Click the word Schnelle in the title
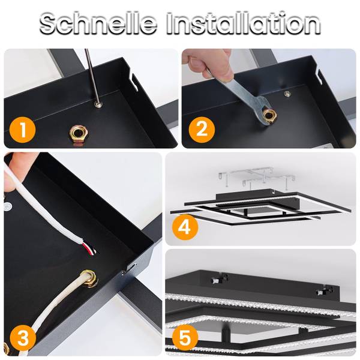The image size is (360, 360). pos(98,23)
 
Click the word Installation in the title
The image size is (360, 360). pos(244,23)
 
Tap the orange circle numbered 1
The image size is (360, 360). pos(23,130)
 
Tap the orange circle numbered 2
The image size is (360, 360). pos(202,130)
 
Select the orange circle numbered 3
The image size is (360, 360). pos(23,338)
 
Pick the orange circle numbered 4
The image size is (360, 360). pos(185,227)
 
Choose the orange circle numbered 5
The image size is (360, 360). pos(185,338)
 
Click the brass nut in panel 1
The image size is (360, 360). pos(79,134)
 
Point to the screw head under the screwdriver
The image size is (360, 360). pos(98,104)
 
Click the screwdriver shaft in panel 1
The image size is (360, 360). pos(92,76)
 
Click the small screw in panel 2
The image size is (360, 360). pos(287,94)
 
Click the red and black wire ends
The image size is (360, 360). pos(90,248)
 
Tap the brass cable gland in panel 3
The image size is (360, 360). pos(89,278)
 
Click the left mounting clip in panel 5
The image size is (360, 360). pos(219,278)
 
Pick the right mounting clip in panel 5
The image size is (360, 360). pos(324,290)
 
